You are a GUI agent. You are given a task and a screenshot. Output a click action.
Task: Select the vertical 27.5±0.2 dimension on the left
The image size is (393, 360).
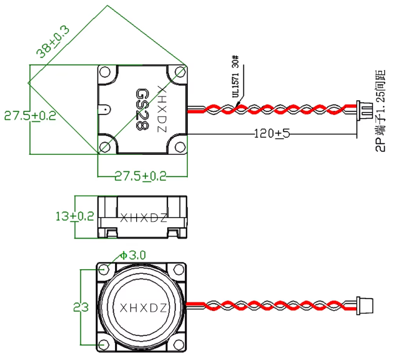30,116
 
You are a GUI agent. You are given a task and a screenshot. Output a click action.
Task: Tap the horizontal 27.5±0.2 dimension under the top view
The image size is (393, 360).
140,176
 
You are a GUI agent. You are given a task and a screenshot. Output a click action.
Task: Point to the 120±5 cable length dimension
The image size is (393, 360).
272,134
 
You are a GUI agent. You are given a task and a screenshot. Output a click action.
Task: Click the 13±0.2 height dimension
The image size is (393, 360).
75,216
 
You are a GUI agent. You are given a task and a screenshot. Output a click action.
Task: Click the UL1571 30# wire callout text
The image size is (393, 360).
236,76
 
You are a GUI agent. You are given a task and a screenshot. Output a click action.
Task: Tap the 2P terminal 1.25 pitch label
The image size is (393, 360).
381,111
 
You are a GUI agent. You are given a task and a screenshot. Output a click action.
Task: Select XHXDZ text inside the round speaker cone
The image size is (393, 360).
143,308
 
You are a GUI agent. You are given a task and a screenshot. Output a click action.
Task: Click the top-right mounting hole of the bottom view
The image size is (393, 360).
178,269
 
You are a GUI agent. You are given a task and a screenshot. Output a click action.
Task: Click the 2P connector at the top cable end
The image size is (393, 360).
364,109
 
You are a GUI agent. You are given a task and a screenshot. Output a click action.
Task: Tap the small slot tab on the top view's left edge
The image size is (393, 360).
105,110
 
